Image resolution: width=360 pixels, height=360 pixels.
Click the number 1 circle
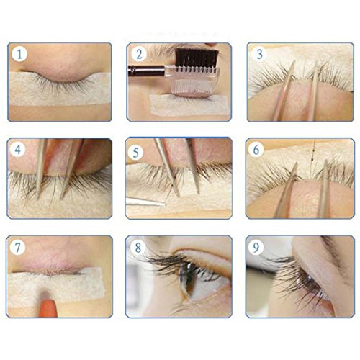[x=19, y=54]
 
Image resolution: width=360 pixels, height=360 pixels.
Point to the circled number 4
[x=19, y=150]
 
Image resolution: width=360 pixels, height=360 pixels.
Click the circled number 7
[x=19, y=248]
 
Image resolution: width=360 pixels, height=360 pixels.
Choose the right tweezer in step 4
[x=73, y=169]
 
